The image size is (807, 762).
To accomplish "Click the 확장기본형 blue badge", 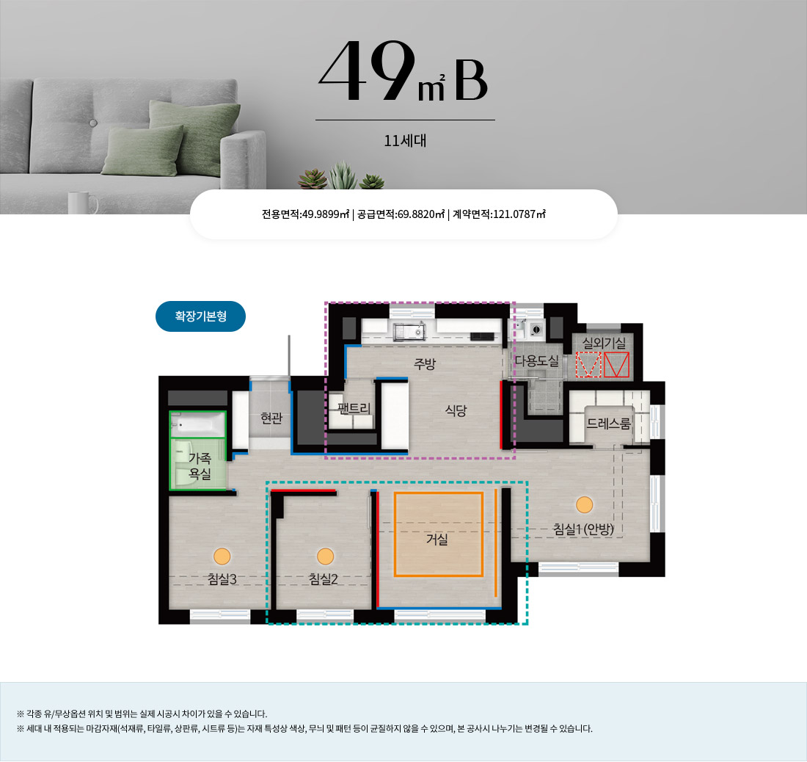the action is pyautogui.click(x=200, y=316).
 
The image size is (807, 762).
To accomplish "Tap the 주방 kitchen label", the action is pyautogui.click(x=425, y=364).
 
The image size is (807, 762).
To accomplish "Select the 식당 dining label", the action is pyautogui.click(x=456, y=410).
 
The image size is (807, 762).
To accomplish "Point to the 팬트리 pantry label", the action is pyautogui.click(x=354, y=409).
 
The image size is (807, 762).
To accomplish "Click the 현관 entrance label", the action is pyautogui.click(x=271, y=418).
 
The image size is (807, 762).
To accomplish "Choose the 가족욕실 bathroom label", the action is pyautogui.click(x=200, y=466).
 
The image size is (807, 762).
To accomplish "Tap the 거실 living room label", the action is pyautogui.click(x=437, y=540).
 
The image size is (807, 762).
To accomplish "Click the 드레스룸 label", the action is pyautogui.click(x=608, y=424).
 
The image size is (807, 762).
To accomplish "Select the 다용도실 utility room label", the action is pyautogui.click(x=537, y=361).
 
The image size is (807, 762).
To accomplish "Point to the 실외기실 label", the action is pyautogui.click(x=604, y=343).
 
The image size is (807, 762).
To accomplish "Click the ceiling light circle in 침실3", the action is pyautogui.click(x=222, y=556).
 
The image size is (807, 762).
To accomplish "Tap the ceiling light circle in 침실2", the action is pyautogui.click(x=325, y=556).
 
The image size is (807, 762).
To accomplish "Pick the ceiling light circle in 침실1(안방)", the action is pyautogui.click(x=584, y=504).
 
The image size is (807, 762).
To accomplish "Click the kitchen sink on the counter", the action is pyautogui.click(x=409, y=331).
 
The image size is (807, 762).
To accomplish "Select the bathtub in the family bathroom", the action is pyautogui.click(x=198, y=425).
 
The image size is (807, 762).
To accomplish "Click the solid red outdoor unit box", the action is pyautogui.click(x=616, y=365).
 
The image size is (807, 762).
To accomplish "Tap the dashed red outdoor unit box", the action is pyautogui.click(x=588, y=365).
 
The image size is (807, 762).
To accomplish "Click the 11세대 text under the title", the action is pyautogui.click(x=405, y=140).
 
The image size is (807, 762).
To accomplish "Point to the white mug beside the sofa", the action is pyautogui.click(x=82, y=203).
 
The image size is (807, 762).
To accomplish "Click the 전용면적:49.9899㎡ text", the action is pyautogui.click(x=306, y=214).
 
